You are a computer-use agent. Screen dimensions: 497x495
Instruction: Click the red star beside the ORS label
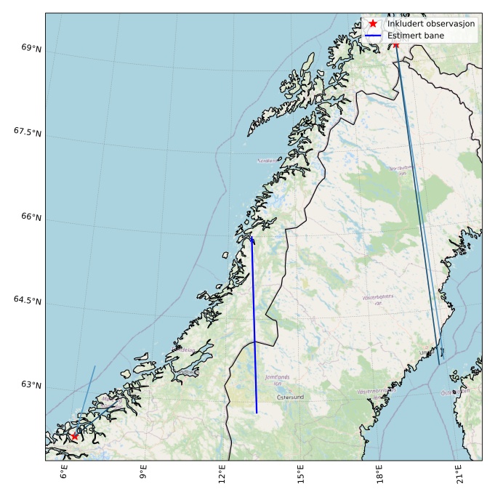(74, 436)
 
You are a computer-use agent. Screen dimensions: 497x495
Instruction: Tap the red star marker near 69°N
(395, 44)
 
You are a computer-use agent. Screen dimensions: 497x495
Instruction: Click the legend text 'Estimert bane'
(416, 36)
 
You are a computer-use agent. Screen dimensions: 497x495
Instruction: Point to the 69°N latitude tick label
(31, 48)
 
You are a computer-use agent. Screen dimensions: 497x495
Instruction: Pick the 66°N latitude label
(31, 217)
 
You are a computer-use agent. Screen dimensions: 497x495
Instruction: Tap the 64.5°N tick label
(28, 300)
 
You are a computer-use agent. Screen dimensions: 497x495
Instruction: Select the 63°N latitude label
(31, 384)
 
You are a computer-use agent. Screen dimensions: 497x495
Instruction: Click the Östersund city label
(291, 397)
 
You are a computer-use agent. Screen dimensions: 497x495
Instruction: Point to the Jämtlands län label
(278, 380)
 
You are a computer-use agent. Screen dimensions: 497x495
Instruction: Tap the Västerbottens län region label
(377, 299)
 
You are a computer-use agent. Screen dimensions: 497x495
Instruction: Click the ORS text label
(85, 431)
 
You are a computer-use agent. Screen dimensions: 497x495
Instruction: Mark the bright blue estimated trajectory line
(254, 327)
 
